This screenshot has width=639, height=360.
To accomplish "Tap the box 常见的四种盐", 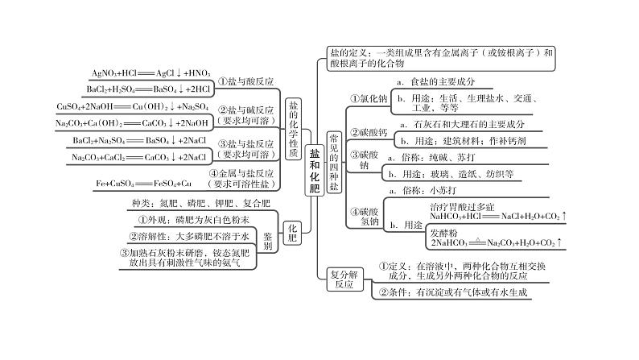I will [334, 161].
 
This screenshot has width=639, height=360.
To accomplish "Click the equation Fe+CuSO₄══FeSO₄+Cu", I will [144, 184].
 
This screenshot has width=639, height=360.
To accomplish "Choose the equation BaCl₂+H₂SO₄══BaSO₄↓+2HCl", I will [149, 89].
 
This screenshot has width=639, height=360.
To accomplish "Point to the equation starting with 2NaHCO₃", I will [497, 242].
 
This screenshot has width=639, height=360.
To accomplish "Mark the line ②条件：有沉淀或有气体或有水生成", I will [455, 292].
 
